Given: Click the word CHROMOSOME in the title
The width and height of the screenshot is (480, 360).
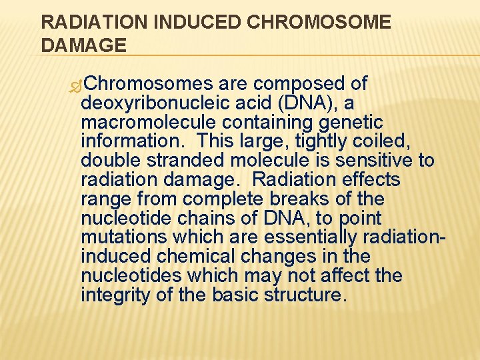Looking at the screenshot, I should click(x=319, y=22).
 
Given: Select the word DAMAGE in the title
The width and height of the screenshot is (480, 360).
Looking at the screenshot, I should click(x=83, y=45).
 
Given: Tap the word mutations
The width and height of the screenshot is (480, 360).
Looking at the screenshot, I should click(x=123, y=238).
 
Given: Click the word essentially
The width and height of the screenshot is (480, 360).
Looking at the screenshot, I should click(x=313, y=238).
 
